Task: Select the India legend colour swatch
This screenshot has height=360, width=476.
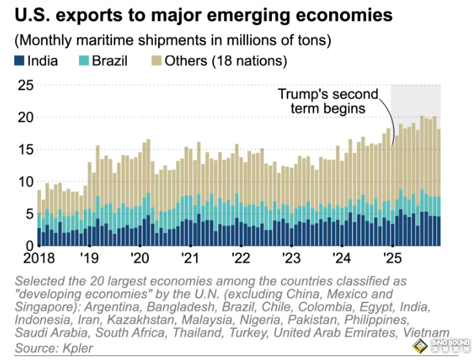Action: (18, 62)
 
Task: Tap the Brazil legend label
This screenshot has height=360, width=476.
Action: (110, 62)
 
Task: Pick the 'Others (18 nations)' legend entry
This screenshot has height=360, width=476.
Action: (217, 62)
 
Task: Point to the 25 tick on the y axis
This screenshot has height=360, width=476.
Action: (24, 85)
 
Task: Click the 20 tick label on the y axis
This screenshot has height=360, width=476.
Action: (24, 118)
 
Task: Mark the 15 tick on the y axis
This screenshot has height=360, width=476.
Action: (24, 150)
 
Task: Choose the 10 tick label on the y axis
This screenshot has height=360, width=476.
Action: (24, 182)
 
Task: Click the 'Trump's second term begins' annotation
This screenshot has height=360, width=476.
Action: (321, 101)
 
